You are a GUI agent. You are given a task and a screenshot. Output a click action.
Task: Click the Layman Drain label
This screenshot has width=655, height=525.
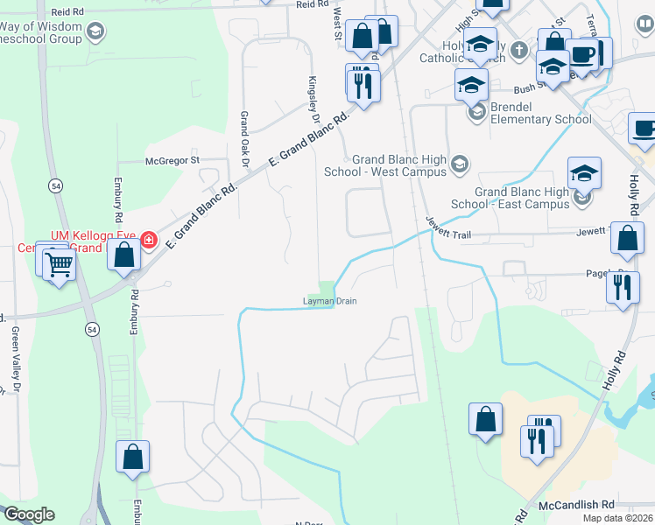[329, 302]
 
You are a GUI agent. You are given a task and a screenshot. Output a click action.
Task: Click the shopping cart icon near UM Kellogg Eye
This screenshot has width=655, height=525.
[59, 263]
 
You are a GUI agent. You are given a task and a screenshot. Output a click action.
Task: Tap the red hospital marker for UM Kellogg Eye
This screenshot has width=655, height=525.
[149, 239]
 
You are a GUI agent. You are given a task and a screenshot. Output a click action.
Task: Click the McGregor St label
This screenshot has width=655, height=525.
[173, 160]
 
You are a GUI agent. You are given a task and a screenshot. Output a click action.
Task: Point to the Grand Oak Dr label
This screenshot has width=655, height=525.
[245, 139]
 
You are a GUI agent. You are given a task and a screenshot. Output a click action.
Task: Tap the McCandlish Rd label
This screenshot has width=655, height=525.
[577, 505]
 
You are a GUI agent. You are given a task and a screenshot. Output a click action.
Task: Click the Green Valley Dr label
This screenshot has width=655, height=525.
[16, 360]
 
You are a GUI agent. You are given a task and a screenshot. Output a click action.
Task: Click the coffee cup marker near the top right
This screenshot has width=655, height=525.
[581, 55]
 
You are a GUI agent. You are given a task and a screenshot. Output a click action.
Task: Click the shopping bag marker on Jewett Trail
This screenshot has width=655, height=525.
[627, 237]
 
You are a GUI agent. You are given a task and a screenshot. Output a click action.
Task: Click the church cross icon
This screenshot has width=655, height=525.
[518, 49]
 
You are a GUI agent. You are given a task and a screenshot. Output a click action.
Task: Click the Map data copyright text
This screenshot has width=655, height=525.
[617, 518]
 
